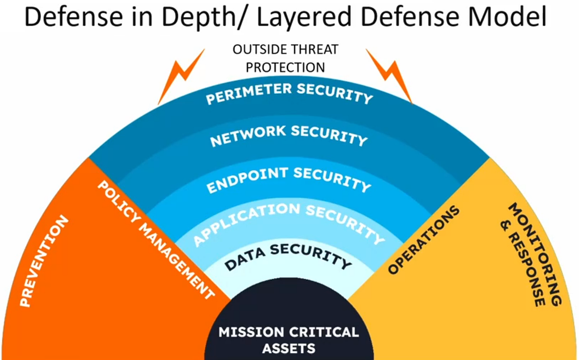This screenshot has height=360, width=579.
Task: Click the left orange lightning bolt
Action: click(180, 76)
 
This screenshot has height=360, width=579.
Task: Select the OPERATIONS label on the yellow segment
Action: click(424, 240)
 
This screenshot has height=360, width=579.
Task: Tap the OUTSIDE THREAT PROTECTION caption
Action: click(286, 58)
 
